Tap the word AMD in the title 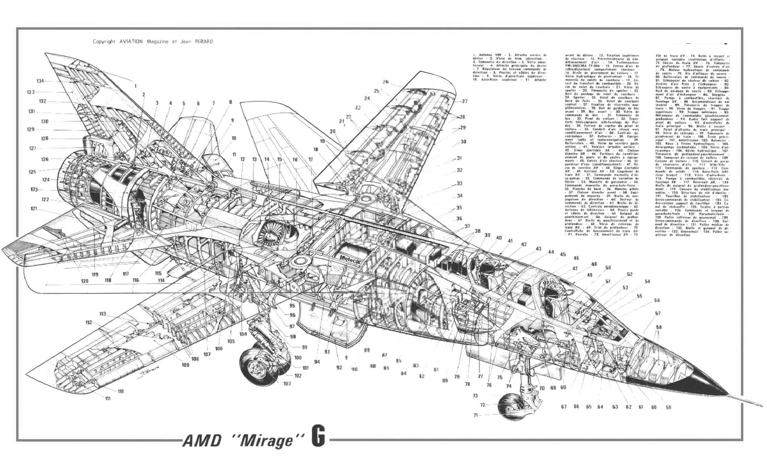tap(201, 441)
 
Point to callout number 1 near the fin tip tap(135, 86)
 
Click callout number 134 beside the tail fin tap(41, 81)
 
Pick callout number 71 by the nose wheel tap(475, 415)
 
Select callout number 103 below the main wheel tap(287, 383)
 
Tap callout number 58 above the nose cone tap(658, 327)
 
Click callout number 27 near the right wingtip tap(465, 101)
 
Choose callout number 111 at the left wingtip tap(108, 398)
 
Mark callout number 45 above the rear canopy tap(563, 255)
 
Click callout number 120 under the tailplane tap(84, 281)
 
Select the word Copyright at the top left tap(104, 42)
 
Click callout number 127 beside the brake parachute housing tap(33, 148)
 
